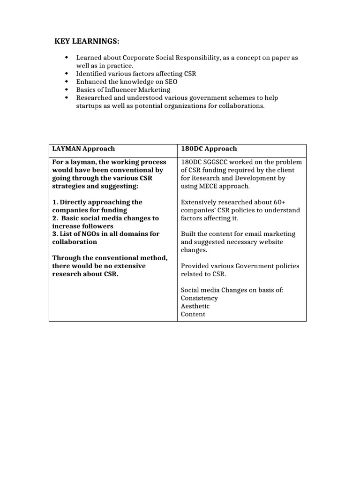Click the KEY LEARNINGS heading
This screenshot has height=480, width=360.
click(88, 42)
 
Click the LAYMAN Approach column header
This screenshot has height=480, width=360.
click(83, 149)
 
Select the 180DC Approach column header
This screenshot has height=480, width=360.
click(209, 149)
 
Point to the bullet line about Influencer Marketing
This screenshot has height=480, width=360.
click(123, 90)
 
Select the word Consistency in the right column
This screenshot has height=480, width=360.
click(199, 298)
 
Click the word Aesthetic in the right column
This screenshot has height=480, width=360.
click(195, 306)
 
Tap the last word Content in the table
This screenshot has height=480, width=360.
click(193, 314)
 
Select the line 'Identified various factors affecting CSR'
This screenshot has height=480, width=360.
click(136, 74)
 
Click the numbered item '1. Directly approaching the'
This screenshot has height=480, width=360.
click(97, 202)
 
